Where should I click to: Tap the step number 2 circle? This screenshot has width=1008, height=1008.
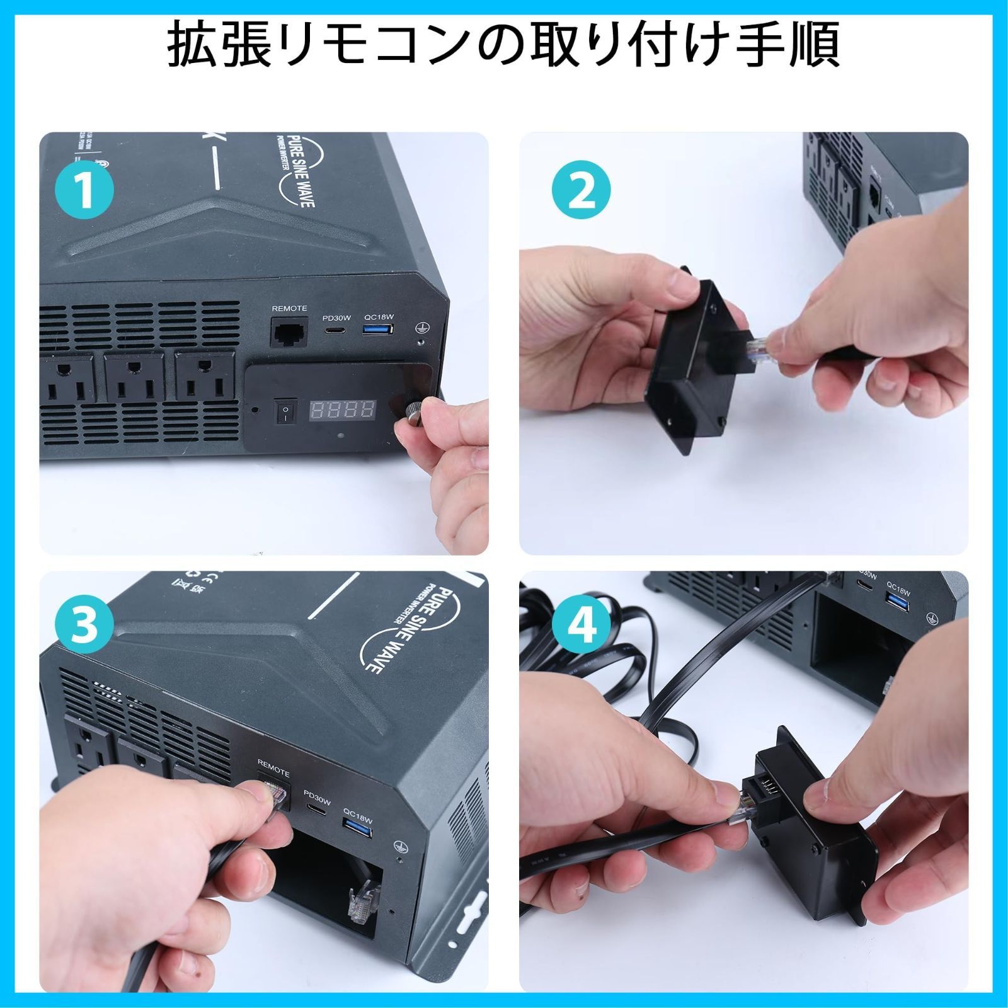(581, 190)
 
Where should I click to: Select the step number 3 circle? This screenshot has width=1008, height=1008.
(84, 627)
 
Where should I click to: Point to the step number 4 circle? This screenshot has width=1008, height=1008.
(581, 627)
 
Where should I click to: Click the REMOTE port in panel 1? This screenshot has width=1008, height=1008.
(289, 331)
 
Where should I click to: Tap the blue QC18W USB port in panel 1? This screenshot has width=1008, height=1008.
(378, 329)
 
